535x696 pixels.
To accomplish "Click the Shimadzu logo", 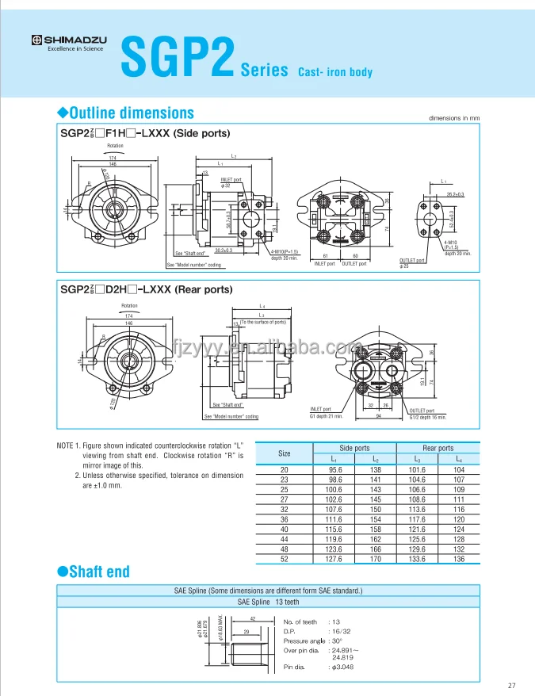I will click(x=67, y=40).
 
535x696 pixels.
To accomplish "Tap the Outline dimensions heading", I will click(x=130, y=113).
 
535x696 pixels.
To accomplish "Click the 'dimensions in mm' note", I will click(x=454, y=118).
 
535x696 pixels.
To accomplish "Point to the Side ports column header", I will click(x=354, y=448).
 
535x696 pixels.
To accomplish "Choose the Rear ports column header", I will click(x=438, y=448).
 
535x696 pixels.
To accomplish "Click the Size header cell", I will click(x=285, y=453).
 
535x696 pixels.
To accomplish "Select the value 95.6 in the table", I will click(x=334, y=470).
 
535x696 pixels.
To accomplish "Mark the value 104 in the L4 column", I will click(x=459, y=470).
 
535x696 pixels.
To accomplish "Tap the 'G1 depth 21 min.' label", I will click(x=326, y=416).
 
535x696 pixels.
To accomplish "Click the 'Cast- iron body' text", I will click(x=334, y=73).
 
